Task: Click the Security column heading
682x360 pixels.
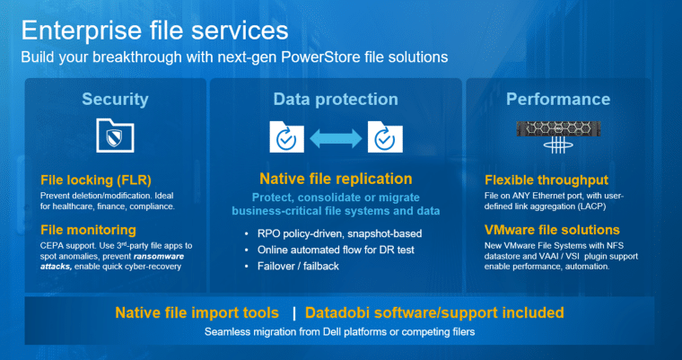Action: click(x=115, y=100)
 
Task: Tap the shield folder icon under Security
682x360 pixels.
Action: click(x=115, y=136)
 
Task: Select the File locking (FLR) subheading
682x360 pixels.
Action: click(x=96, y=180)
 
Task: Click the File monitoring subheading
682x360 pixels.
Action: click(x=88, y=230)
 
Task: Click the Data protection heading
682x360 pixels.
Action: click(x=336, y=100)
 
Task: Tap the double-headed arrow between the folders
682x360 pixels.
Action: click(x=336, y=138)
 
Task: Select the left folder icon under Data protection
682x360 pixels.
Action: click(x=286, y=136)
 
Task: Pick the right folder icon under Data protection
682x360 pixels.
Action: click(x=385, y=136)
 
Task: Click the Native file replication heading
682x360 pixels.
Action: click(x=336, y=179)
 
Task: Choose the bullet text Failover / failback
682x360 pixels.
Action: click(x=298, y=266)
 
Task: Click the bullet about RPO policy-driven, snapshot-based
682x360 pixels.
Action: click(x=340, y=233)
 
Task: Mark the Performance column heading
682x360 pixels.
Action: click(x=558, y=100)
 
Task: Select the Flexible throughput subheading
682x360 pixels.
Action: click(x=546, y=180)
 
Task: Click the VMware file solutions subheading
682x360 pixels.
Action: click(x=553, y=230)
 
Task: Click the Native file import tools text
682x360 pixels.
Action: click(x=197, y=312)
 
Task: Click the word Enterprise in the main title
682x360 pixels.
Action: click(x=82, y=31)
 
